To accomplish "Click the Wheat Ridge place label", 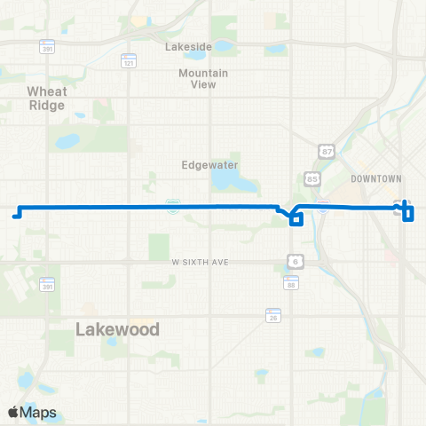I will click(46, 98).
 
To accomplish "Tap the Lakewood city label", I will click(117, 329).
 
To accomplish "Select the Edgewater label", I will click(205, 164).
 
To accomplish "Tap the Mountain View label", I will click(203, 79).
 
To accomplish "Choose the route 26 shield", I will click(272, 315).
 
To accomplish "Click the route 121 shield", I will click(130, 63).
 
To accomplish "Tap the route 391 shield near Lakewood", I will click(47, 285).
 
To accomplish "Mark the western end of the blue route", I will click(14, 214).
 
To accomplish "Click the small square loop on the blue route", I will click(296, 219).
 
